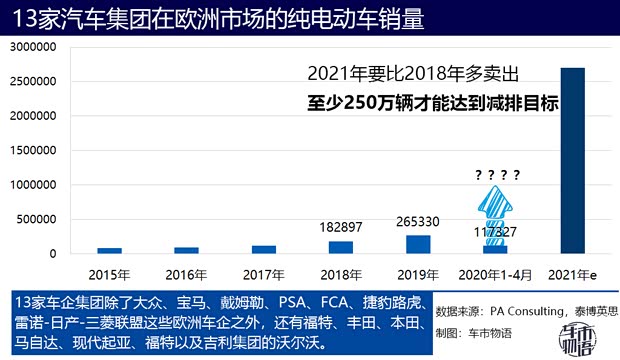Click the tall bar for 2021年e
[571, 160]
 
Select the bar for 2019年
[417, 245]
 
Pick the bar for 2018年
[340, 248]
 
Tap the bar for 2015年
[109, 251]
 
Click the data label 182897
[340, 227]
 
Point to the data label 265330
[417, 221]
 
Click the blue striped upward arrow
[495, 210]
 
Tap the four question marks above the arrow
[497, 176]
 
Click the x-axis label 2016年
[186, 273]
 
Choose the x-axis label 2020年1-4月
[494, 273]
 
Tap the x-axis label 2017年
[263, 273]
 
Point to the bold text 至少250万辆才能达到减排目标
[432, 103]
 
